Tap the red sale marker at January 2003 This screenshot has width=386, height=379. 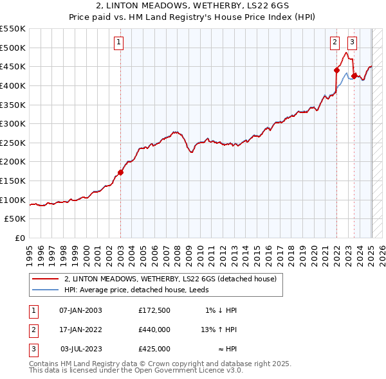120,172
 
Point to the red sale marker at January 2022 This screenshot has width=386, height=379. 336,70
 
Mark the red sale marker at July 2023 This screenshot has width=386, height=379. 354,76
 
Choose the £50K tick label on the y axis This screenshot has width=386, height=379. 15,218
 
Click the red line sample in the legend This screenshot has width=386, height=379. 45,279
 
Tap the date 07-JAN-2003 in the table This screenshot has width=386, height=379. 80,310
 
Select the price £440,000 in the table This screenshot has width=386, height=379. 154,330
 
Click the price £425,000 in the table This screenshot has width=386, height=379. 154,349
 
